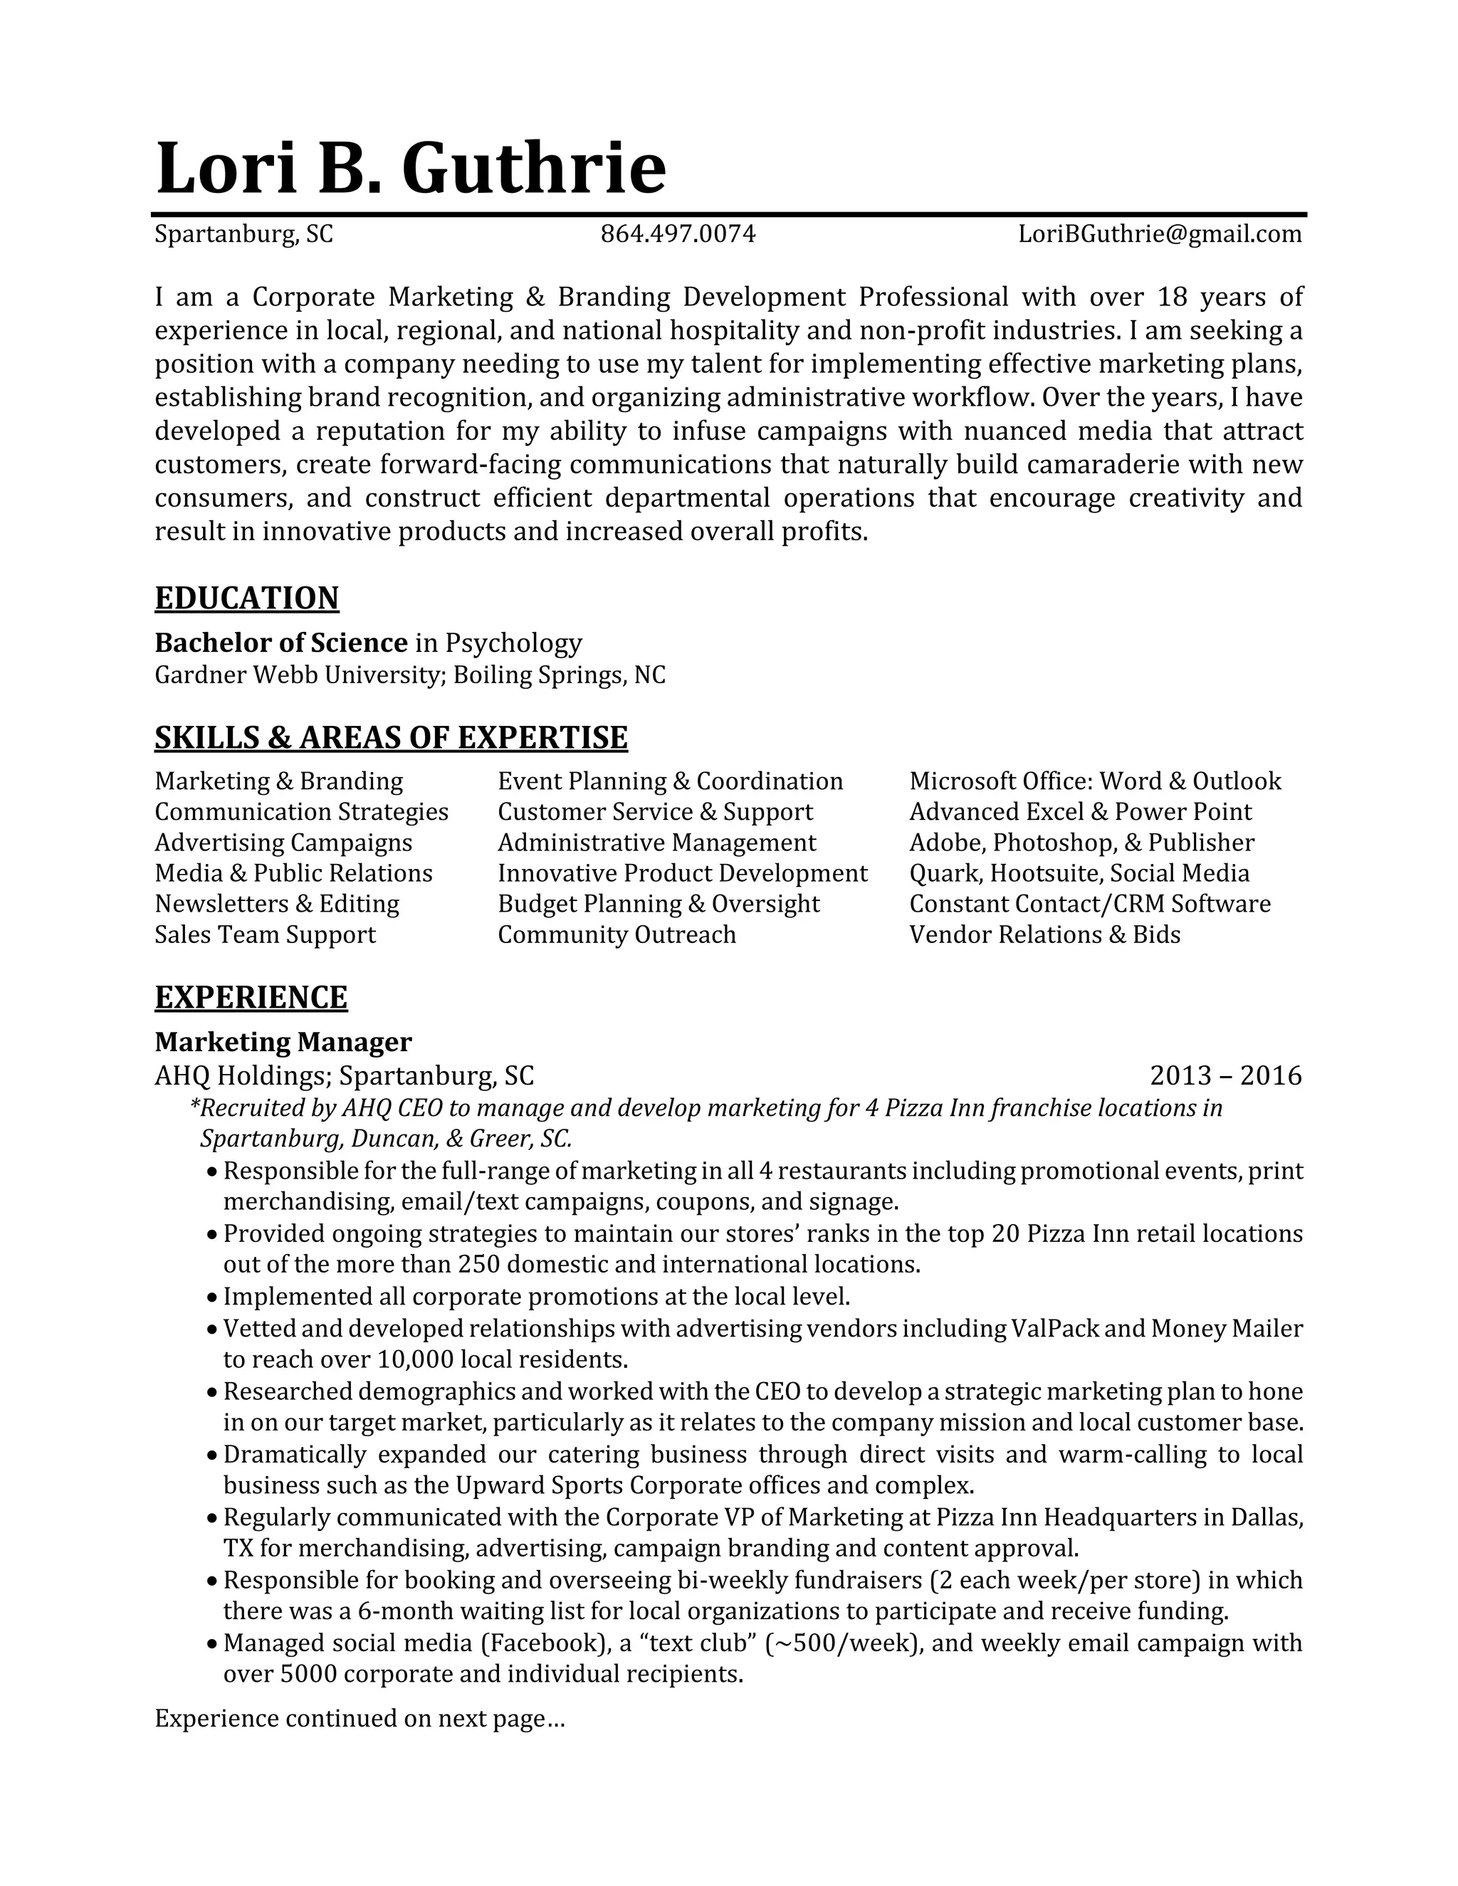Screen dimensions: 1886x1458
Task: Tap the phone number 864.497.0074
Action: point(677,234)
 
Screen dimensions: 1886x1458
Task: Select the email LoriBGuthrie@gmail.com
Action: point(1159,234)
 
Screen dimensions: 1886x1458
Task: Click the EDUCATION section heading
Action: point(246,599)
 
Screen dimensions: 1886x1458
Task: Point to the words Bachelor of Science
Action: point(280,643)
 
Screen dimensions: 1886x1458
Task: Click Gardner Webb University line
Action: point(409,675)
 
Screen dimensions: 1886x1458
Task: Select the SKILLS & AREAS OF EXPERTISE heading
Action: point(390,737)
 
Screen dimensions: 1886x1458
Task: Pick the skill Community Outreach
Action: point(617,934)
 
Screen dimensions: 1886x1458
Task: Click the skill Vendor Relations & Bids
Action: point(1044,934)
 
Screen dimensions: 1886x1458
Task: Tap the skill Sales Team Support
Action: point(265,934)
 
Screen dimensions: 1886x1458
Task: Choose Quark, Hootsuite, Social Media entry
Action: point(1079,873)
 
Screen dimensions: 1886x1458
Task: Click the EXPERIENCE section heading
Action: point(251,997)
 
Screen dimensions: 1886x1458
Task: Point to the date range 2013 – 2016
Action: point(1224,1075)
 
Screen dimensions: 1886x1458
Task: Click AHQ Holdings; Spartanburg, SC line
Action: point(344,1075)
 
